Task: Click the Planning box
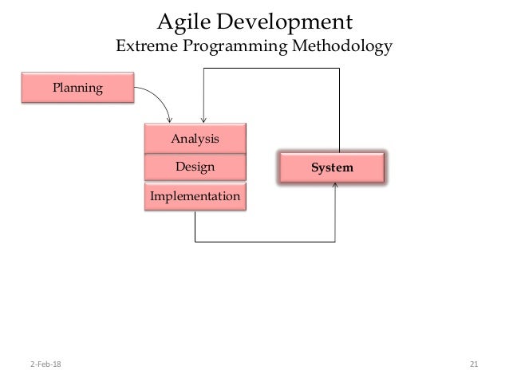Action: click(77, 88)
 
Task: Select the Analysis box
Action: click(195, 139)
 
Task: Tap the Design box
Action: click(195, 167)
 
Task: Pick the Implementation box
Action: click(195, 195)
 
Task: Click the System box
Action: click(331, 167)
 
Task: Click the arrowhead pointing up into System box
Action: click(336, 186)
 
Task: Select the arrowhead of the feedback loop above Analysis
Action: click(204, 120)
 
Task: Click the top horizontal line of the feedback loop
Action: click(272, 69)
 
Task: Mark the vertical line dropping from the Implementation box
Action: click(195, 225)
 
